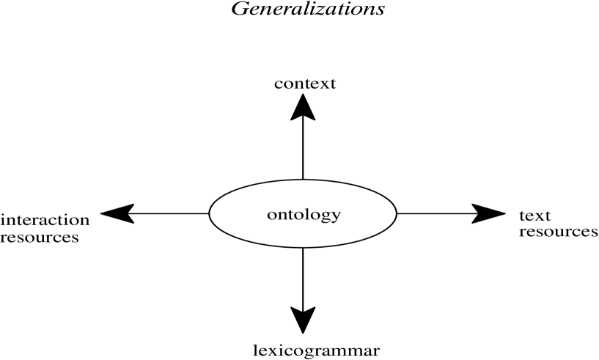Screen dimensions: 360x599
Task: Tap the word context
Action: tap(304, 83)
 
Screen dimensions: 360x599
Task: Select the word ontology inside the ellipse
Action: tap(304, 215)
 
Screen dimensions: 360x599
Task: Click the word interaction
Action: tap(45, 219)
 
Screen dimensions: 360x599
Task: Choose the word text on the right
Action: tap(535, 216)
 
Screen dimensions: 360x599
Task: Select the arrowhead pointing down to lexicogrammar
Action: tap(304, 320)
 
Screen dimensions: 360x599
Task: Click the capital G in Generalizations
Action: tap(238, 10)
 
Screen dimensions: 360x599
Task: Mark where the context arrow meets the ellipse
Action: tap(304, 179)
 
